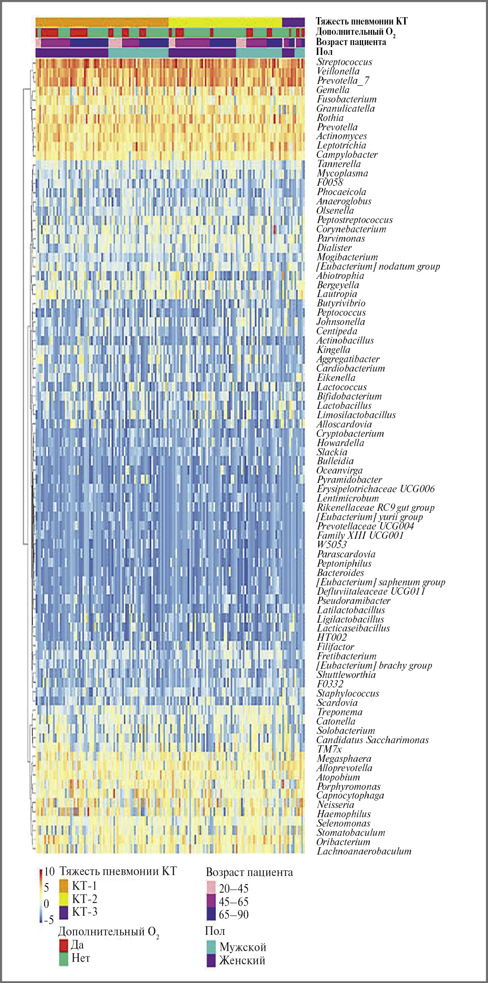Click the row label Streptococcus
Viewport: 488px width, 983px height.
click(344, 62)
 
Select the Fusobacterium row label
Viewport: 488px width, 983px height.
click(346, 100)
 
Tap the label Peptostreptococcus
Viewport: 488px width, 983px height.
click(355, 220)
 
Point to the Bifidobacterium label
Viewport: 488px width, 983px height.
click(349, 397)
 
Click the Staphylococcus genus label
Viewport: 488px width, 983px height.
click(348, 694)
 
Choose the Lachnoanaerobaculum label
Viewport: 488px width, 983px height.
click(364, 852)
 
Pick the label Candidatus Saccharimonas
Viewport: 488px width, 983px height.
click(372, 740)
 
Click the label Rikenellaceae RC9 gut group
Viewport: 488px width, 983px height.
click(375, 508)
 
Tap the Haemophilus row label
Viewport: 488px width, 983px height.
click(343, 814)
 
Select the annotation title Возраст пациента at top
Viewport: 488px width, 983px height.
click(351, 42)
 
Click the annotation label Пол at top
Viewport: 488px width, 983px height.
click(324, 52)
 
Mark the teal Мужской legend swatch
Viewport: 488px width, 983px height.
click(211, 947)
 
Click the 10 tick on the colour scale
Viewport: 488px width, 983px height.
click(49, 872)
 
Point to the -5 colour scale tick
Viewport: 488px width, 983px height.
click(49, 920)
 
